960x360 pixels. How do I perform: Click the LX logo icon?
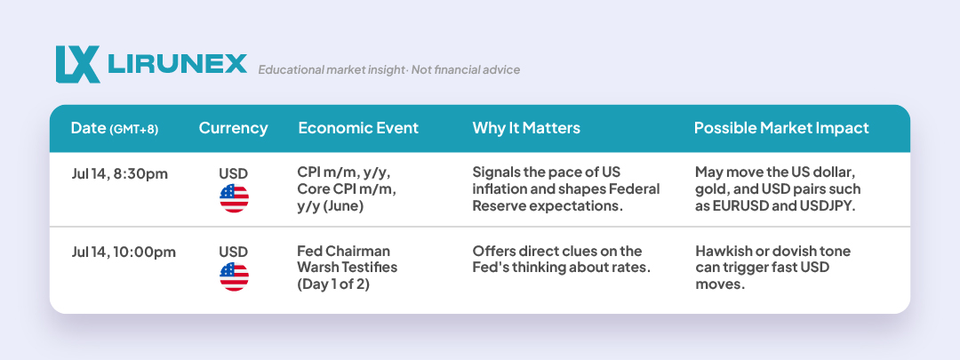77,64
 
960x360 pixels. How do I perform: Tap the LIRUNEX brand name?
177,64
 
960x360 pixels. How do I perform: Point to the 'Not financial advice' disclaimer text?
465,70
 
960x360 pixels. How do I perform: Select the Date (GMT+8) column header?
115,128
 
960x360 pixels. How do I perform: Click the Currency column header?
233,128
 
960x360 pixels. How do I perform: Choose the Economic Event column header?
358,128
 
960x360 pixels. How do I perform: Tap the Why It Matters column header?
526,128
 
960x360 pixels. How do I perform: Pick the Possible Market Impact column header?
781,128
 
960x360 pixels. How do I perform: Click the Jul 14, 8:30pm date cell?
119,174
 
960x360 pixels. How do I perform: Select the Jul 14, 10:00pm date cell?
123,252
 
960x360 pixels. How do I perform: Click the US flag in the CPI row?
234,198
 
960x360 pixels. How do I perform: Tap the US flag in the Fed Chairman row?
234,276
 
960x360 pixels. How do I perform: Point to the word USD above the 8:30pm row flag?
233,174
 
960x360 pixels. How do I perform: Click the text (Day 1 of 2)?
333,284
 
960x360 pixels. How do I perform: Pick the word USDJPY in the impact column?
826,206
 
